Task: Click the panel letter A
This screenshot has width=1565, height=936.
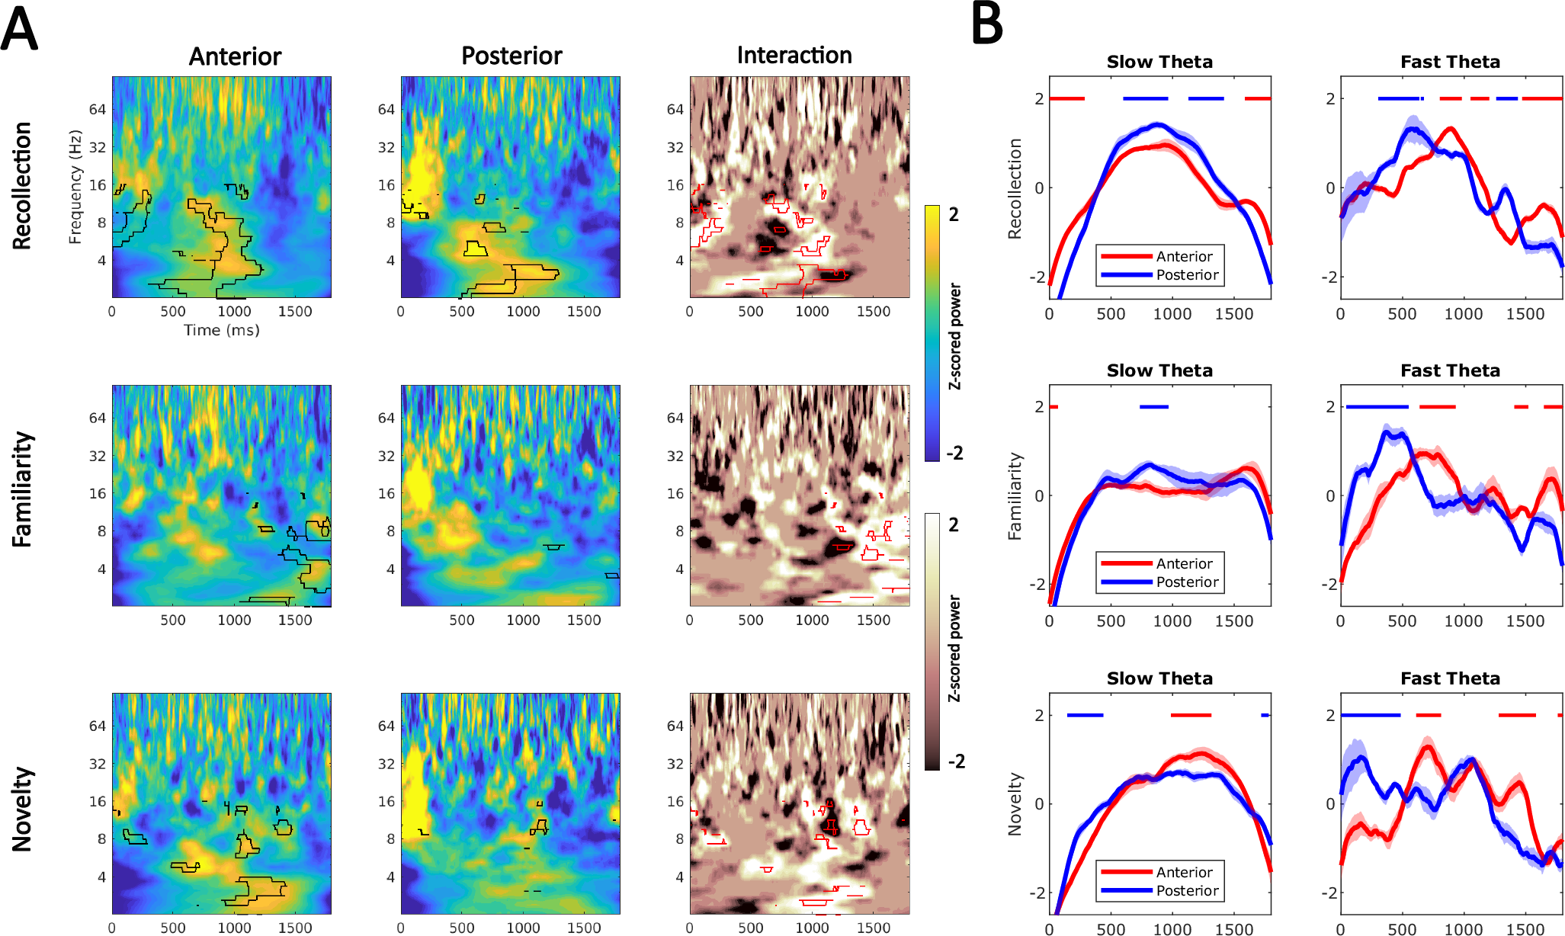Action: click(19, 28)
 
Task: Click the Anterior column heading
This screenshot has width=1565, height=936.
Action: click(235, 56)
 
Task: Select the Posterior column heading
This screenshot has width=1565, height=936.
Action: click(512, 56)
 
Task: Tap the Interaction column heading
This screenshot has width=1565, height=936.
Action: click(794, 55)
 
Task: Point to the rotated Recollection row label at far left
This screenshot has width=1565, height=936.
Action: click(22, 185)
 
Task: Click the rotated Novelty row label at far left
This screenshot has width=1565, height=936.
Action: click(22, 809)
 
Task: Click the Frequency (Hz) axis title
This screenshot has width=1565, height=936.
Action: click(75, 187)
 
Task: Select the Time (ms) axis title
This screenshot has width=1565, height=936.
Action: click(221, 330)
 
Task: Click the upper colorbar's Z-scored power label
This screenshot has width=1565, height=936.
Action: click(954, 336)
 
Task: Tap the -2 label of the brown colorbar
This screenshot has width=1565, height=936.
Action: click(955, 761)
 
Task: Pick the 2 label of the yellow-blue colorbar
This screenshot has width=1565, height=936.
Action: click(954, 214)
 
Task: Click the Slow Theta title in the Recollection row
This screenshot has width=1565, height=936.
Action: click(1159, 62)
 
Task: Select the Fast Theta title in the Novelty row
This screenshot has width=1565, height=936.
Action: click(1449, 678)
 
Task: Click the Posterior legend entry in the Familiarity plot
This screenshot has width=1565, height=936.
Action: click(1187, 582)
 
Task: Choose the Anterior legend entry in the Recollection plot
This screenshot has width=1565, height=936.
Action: click(1184, 256)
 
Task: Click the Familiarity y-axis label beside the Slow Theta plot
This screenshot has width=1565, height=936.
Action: click(1015, 497)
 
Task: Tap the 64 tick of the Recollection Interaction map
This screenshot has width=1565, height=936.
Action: click(675, 109)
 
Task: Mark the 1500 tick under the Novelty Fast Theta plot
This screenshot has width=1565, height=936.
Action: click(1525, 929)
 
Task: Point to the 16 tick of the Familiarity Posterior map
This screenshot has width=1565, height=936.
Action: click(386, 493)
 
